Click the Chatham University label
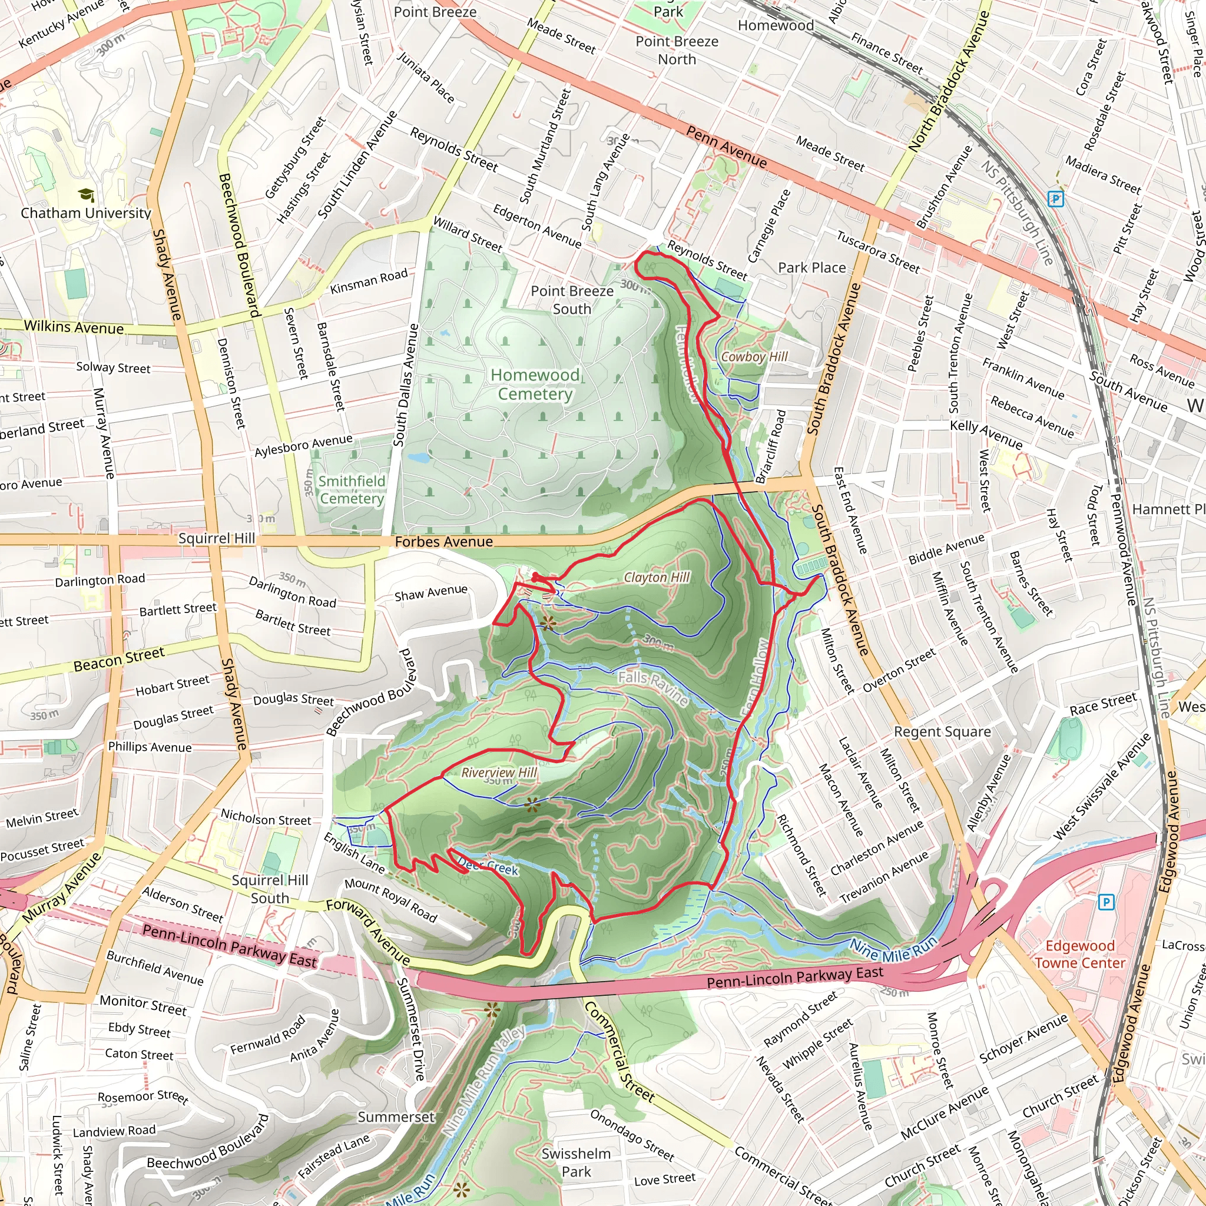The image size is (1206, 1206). click(x=86, y=213)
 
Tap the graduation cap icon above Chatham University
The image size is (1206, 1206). click(x=87, y=195)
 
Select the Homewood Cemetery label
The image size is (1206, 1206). click(x=535, y=384)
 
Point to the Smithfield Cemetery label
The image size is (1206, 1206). click(x=352, y=489)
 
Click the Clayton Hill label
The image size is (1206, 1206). click(x=657, y=578)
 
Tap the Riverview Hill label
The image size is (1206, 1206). click(x=499, y=773)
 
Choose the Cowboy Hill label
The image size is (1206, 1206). click(x=754, y=356)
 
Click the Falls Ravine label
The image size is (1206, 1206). click(x=654, y=688)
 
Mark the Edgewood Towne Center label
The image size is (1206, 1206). click(x=1080, y=955)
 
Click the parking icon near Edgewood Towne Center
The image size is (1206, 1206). click(x=1105, y=902)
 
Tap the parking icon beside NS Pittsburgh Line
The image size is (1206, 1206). click(x=1055, y=199)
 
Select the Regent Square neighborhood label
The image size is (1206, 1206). click(x=942, y=731)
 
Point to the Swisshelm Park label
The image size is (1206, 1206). click(x=575, y=1162)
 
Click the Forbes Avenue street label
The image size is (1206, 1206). click(x=444, y=542)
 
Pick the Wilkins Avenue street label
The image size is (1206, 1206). click(x=74, y=327)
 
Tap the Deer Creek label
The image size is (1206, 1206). click(x=489, y=866)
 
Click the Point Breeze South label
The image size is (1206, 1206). click(x=572, y=300)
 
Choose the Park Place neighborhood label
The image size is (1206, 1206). click(x=811, y=268)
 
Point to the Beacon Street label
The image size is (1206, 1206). click(x=119, y=659)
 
